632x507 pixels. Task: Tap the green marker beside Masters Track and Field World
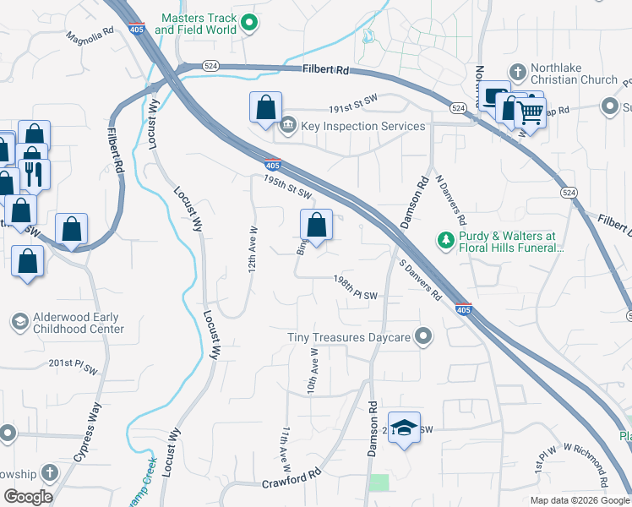pyautogui.click(x=248, y=24)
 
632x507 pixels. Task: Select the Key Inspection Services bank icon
pyautogui.click(x=287, y=126)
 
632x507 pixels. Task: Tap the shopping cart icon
pyautogui.click(x=530, y=109)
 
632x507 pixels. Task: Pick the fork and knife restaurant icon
pyautogui.click(x=34, y=173)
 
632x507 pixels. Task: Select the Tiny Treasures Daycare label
pyautogui.click(x=349, y=337)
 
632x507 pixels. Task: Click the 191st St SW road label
pyautogui.click(x=351, y=103)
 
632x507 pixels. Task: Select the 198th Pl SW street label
pyautogui.click(x=354, y=287)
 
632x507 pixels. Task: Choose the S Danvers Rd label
pyautogui.click(x=420, y=283)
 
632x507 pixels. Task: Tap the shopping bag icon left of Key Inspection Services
pyautogui.click(x=265, y=108)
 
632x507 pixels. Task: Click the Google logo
pyautogui.click(x=28, y=497)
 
